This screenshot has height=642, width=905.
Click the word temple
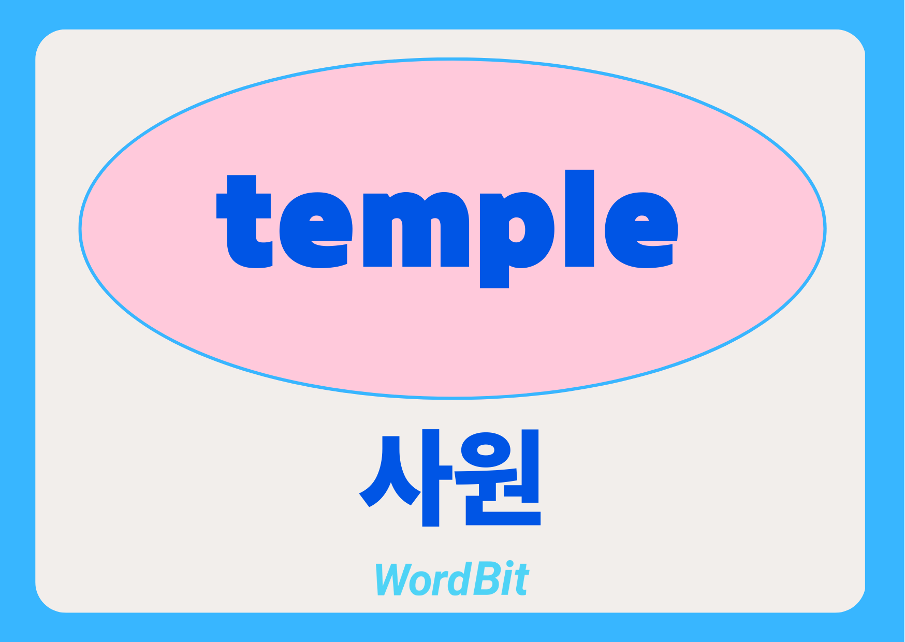447,228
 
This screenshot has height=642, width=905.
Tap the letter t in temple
244,222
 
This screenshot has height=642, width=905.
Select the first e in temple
316,230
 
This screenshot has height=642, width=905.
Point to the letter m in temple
416,230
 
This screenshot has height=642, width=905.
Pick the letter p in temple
517,240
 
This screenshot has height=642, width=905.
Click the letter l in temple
579,218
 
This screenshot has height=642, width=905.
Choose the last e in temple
641,230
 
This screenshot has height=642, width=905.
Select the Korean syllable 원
497,477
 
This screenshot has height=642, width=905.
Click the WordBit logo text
451,578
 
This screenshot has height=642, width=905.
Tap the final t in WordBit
522,580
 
